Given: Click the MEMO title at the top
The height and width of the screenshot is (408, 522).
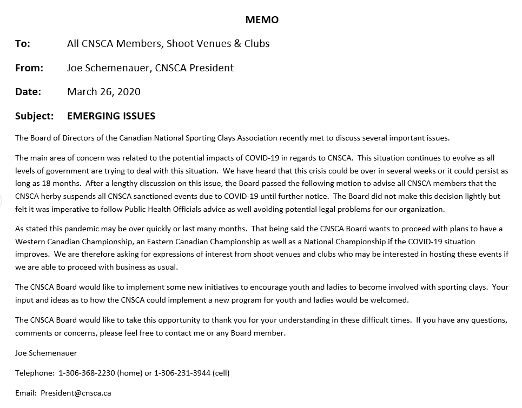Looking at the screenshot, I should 262,20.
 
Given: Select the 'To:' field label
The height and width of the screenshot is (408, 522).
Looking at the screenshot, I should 23,44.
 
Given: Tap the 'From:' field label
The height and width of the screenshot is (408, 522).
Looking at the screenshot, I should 29,68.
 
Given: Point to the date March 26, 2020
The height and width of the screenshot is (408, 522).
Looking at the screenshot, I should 103,92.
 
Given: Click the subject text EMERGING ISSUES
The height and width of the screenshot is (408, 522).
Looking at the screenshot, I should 111,116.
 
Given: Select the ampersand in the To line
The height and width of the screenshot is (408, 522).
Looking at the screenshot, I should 237,44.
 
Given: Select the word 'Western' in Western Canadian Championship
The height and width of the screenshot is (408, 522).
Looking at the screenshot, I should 30,242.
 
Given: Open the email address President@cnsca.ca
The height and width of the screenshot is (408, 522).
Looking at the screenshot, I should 76,393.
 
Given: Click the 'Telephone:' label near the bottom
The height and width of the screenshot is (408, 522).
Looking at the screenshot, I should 35,373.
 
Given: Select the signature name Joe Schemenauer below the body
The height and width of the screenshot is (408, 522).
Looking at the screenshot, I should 46,353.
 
